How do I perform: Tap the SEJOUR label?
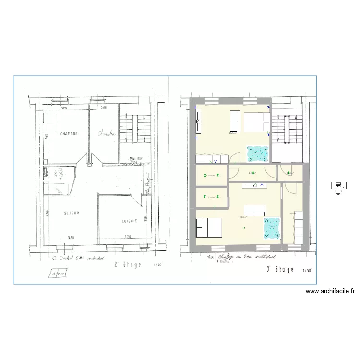(x=71, y=213)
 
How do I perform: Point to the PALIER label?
(x=135, y=158)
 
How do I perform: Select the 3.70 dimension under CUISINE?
(x=127, y=237)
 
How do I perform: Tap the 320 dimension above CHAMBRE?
(x=62, y=108)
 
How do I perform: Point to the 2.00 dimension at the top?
(x=103, y=108)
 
